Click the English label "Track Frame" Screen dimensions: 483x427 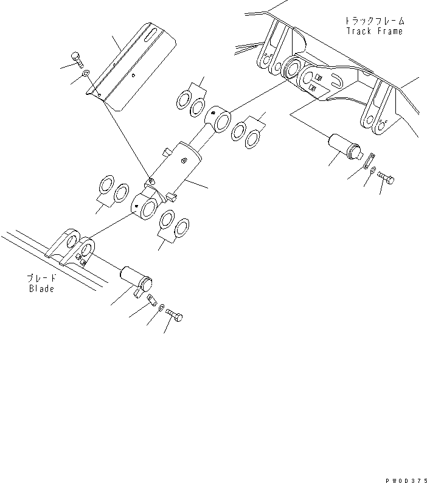coord(374,31)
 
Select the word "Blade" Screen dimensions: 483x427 coord(41,288)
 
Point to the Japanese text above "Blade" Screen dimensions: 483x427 coord(41,278)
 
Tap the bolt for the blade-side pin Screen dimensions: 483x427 coord(175,316)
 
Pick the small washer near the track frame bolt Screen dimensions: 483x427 coord(374,170)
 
